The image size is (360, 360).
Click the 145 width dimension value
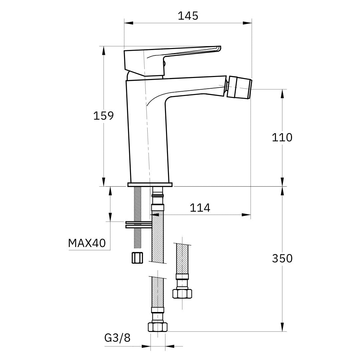click(188, 16)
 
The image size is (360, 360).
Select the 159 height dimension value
click(103, 116)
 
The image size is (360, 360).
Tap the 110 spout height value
click(282, 137)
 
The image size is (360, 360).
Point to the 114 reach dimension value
click(200, 208)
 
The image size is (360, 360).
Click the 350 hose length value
click(282, 258)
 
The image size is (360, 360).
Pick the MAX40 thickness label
click(87, 243)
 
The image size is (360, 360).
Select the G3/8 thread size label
click(117, 338)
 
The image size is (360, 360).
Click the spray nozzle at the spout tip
click(239, 88)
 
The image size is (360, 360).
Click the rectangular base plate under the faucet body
click(150, 184)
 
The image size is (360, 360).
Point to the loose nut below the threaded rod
click(137, 258)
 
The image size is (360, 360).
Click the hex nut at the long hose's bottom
click(157, 326)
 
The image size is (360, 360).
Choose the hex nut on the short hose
click(182, 293)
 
